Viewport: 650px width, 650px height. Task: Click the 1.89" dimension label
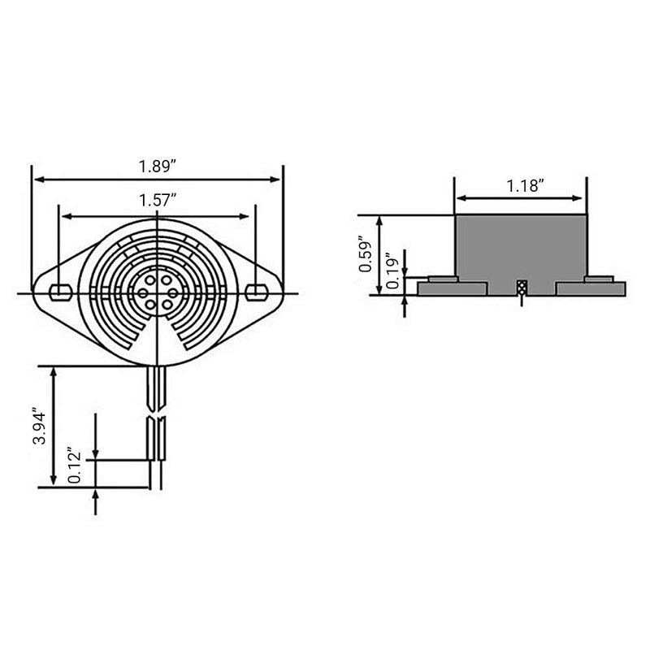point(158,167)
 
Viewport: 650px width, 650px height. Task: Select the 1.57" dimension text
point(158,201)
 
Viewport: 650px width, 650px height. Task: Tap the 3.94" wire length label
point(40,428)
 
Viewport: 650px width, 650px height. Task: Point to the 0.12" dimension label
point(75,465)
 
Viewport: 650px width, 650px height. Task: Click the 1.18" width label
point(525,186)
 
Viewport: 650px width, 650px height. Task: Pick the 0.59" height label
point(366,254)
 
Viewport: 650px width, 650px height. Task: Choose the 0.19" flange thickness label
point(392,271)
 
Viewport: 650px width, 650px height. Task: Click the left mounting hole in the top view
point(60,292)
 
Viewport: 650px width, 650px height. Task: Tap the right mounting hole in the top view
point(256,292)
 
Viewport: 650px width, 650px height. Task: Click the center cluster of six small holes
point(158,292)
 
